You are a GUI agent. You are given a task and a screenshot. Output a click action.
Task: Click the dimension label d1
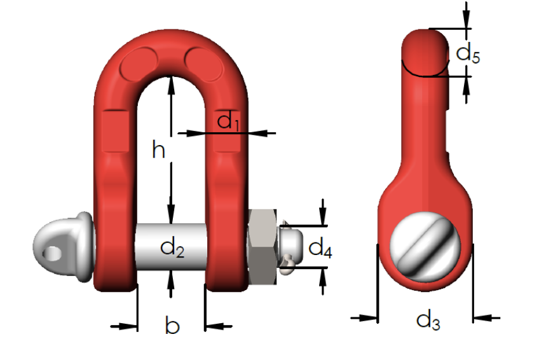[228, 121]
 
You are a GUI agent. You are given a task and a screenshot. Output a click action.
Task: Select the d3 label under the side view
[428, 321]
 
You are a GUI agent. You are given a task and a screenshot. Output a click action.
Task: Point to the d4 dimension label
[320, 247]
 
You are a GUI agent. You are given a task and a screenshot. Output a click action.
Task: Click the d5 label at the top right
[468, 53]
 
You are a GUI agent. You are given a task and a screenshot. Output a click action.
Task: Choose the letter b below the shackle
[172, 326]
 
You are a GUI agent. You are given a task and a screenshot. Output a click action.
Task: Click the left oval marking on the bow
[142, 62]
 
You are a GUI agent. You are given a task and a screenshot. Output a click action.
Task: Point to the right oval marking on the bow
[203, 62]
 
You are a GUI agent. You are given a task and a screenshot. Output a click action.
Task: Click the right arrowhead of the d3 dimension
[478, 317]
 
